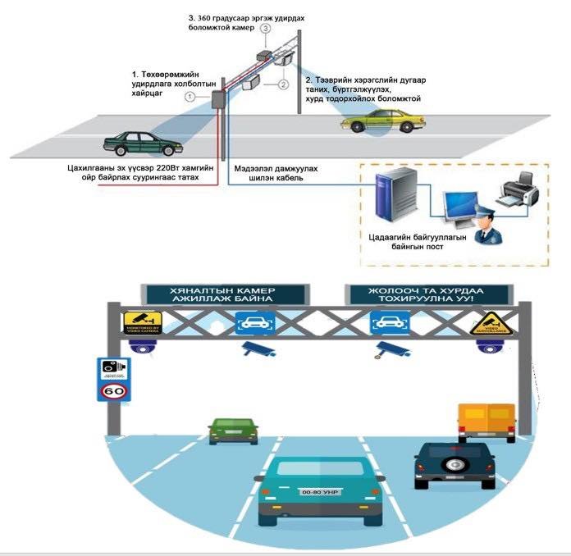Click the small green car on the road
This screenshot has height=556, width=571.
[x=227, y=430]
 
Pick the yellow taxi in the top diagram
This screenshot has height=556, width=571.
[x=383, y=123]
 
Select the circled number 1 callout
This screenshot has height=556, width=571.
[x=190, y=97]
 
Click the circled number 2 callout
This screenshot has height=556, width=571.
[x=282, y=84]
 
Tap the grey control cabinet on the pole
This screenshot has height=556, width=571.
[x=219, y=99]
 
